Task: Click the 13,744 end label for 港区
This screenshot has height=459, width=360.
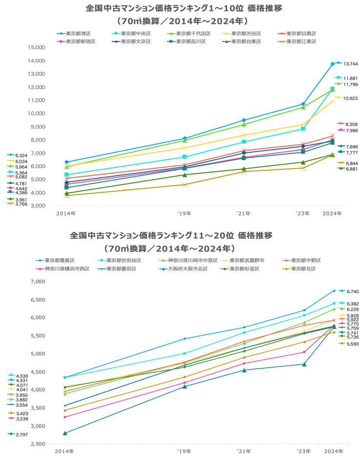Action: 351,64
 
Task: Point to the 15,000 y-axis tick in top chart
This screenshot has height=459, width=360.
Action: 37,47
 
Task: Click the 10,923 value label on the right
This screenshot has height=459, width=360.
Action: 351,98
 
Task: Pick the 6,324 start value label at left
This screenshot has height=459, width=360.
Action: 22,155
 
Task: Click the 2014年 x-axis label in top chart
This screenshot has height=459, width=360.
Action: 66,213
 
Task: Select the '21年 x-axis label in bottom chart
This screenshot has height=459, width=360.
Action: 243,451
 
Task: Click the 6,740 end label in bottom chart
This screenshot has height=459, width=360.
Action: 352,292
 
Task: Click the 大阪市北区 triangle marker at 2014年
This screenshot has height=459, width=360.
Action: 65,433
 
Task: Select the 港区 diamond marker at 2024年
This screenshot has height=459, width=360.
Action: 333,63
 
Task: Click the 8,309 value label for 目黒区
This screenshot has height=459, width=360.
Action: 351,124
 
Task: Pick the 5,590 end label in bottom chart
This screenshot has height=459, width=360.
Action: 352,344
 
